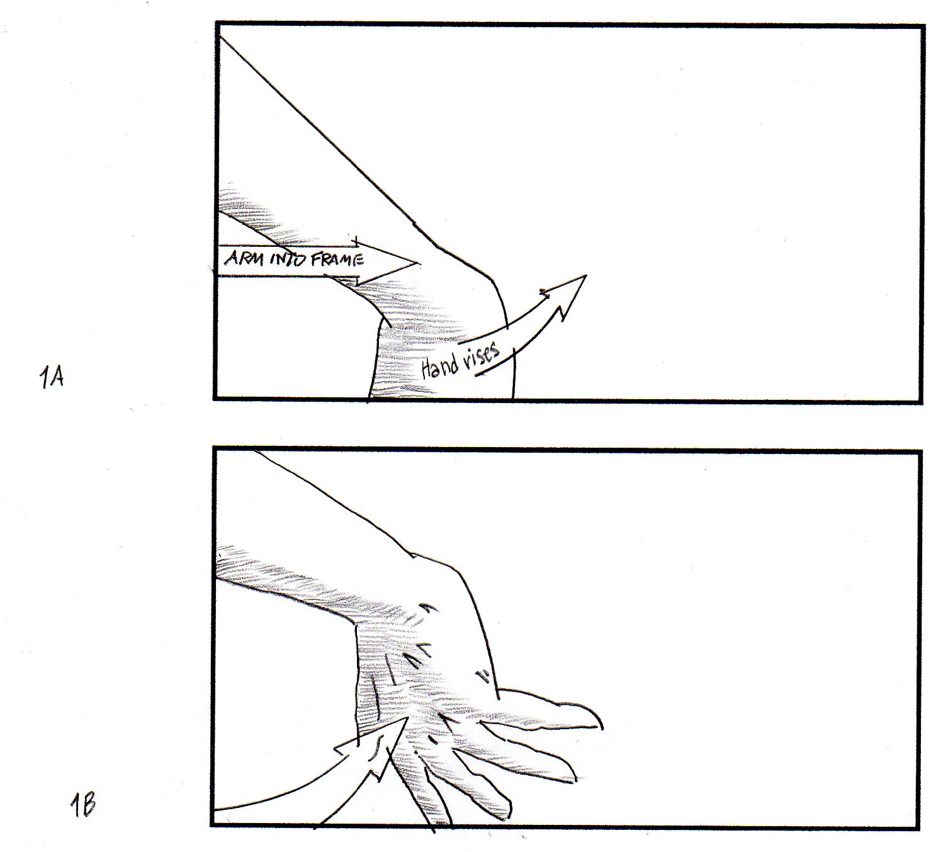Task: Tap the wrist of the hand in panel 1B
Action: coord(421,656)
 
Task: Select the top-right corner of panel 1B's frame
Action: coord(920,452)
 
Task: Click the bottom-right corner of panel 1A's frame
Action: coord(921,401)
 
